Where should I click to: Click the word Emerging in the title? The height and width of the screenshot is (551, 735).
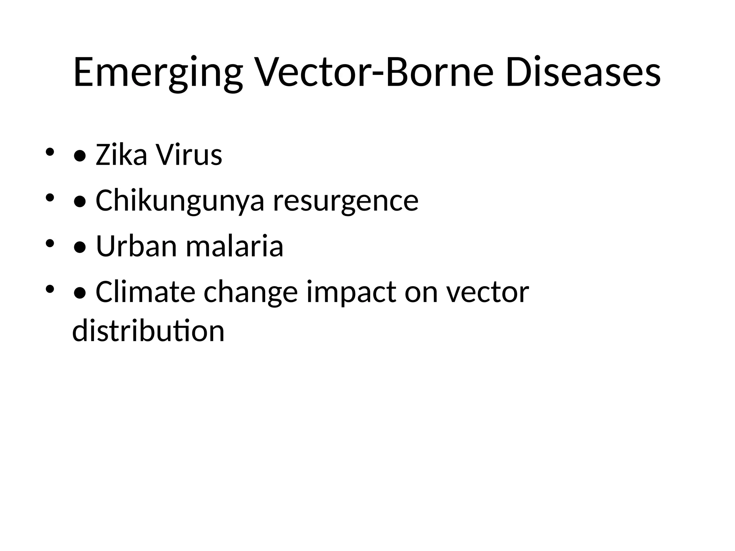click(158, 73)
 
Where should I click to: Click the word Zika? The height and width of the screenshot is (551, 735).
click(121, 155)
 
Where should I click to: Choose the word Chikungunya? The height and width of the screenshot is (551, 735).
click(180, 201)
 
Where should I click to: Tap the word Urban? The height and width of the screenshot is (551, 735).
click(136, 246)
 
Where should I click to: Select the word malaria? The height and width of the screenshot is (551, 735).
click(234, 246)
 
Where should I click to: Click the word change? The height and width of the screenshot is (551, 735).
click(251, 292)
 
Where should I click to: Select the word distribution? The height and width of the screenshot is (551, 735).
click(148, 331)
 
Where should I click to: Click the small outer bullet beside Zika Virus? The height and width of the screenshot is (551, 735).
click(50, 152)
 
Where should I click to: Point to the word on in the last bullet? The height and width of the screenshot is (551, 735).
click(421, 292)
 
